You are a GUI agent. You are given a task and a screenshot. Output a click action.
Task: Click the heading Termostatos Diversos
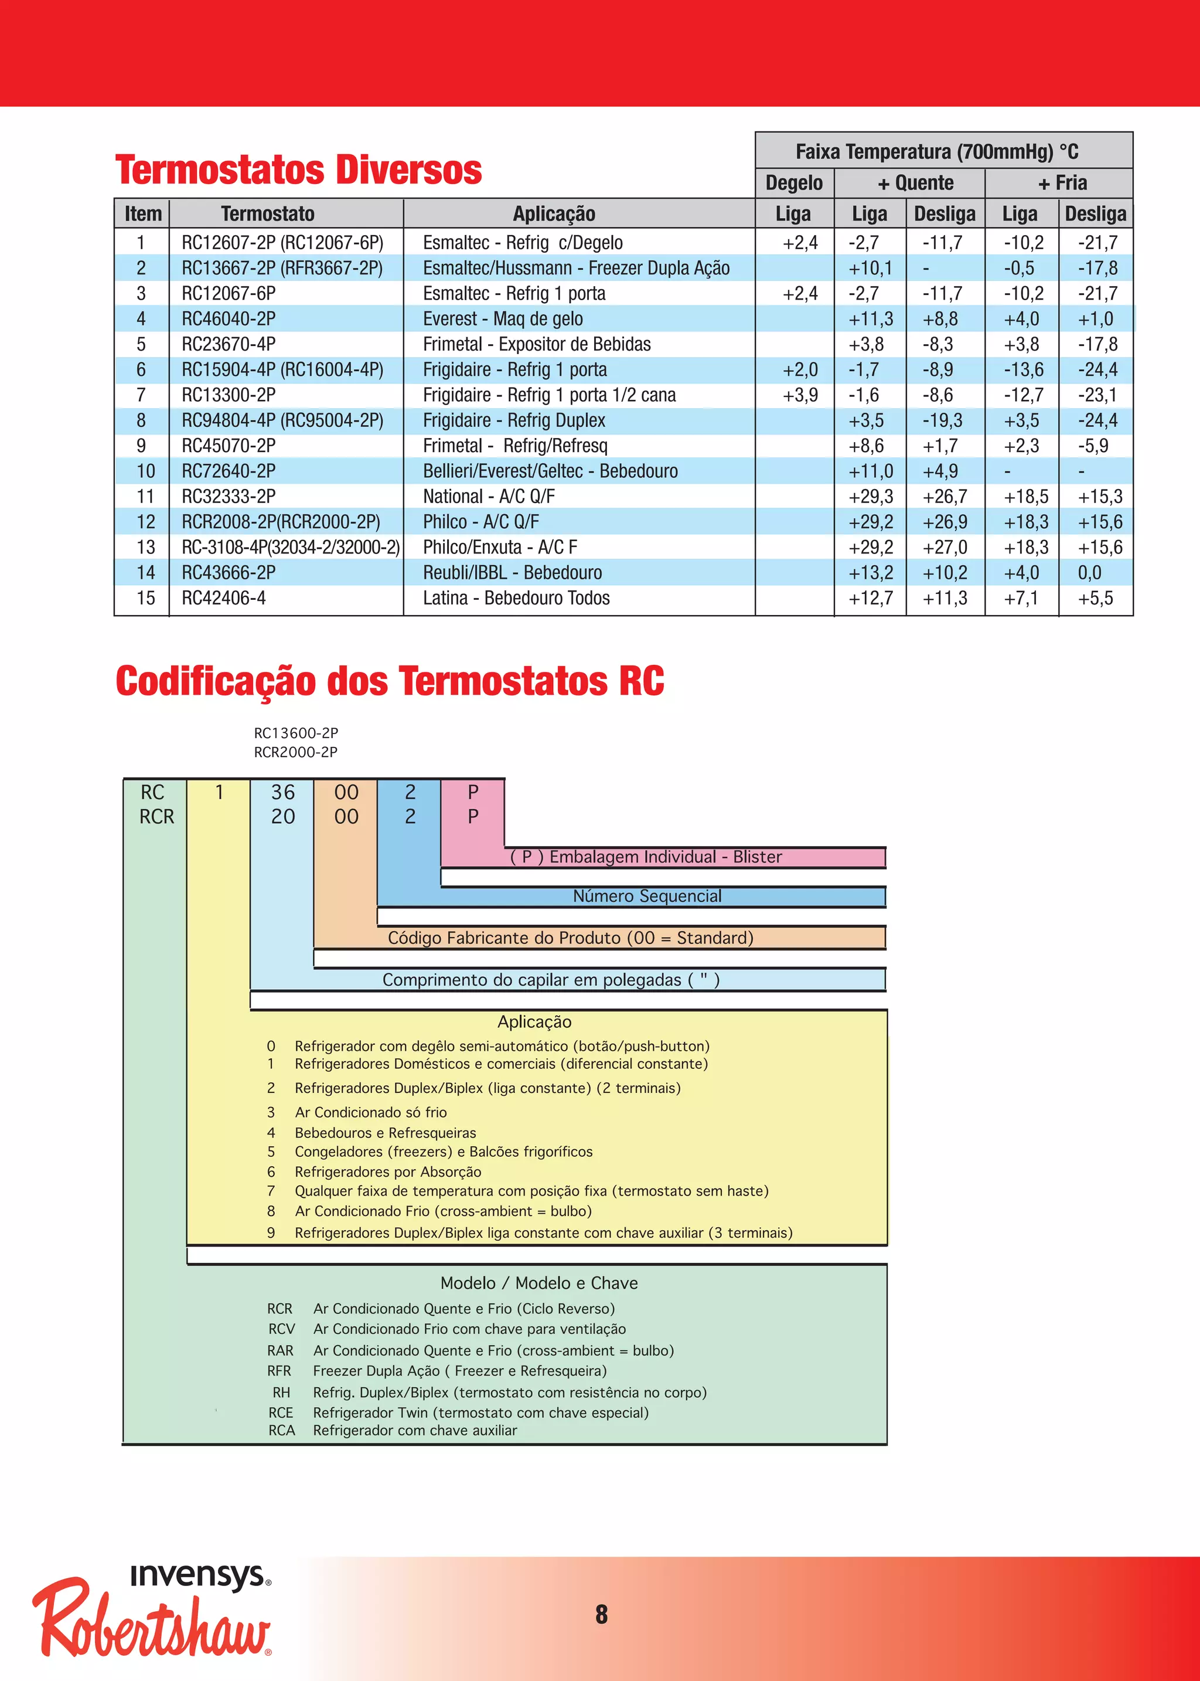coord(298,170)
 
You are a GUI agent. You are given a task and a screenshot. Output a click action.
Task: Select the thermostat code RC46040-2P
coord(229,318)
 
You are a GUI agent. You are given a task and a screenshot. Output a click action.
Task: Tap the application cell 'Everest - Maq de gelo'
coord(503,318)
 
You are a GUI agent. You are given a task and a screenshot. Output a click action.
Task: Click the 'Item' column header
coord(142,213)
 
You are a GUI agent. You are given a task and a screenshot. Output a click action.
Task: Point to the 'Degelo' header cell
coord(793,182)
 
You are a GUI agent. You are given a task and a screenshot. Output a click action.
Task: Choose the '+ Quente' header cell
coord(915,182)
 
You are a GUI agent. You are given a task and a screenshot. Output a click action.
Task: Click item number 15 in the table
coord(145,598)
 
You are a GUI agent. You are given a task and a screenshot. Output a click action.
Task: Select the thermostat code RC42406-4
coord(223,598)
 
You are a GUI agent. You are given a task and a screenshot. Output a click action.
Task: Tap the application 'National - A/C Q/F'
coord(489,497)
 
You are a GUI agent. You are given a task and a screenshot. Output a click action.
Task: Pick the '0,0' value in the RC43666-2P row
coord(1089,573)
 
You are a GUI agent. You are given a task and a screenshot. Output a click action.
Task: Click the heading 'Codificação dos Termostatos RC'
coord(390,681)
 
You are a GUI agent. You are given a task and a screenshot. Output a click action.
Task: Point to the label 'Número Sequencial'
coord(646,896)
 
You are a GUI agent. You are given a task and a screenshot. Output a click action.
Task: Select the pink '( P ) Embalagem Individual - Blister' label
coord(646,857)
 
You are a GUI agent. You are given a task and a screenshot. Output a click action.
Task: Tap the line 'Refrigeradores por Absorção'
coord(388,1171)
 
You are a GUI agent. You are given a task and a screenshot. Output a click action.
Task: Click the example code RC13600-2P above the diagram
coord(295,733)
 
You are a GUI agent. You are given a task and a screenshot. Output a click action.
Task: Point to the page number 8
coord(602,1615)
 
